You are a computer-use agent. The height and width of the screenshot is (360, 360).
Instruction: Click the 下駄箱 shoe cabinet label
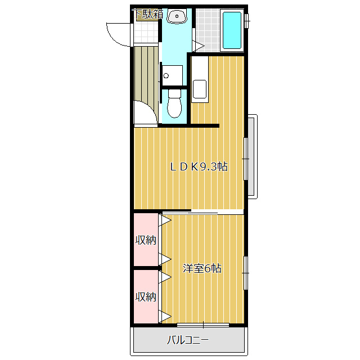click(x=148, y=14)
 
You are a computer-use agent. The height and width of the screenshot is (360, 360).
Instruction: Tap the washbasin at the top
click(x=177, y=16)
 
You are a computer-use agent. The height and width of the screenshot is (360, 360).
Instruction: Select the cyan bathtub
click(x=232, y=30)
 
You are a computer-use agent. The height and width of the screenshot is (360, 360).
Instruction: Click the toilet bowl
click(x=174, y=103)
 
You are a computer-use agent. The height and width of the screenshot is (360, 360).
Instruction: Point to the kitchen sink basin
click(x=200, y=89)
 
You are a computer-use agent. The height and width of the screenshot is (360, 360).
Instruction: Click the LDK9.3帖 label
click(x=199, y=166)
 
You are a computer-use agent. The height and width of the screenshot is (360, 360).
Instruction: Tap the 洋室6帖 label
click(x=202, y=268)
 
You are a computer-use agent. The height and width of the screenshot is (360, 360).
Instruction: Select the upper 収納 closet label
click(x=146, y=240)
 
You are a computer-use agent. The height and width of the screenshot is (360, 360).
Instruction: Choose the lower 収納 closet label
click(x=146, y=297)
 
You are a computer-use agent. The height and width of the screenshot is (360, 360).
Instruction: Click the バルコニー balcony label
click(x=188, y=340)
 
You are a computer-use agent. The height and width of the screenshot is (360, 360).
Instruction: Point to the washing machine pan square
click(x=172, y=75)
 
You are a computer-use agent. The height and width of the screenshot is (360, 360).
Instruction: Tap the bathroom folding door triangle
click(x=199, y=46)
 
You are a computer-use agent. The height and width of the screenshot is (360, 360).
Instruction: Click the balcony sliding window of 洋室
click(x=203, y=325)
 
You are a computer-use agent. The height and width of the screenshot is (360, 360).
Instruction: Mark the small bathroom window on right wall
click(x=247, y=21)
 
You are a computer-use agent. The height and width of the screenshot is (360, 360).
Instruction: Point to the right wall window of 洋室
click(x=246, y=273)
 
